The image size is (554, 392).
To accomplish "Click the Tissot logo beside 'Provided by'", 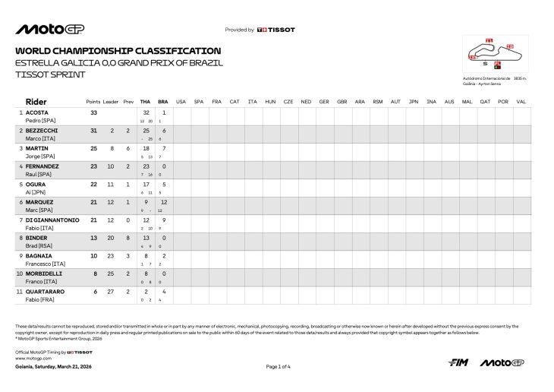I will pyautogui.click(x=276, y=30).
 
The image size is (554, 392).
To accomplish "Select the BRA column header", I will pyautogui.click(x=163, y=101).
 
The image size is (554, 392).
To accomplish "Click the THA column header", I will pyautogui.click(x=145, y=101).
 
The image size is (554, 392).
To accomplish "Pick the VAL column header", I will pyautogui.click(x=521, y=101).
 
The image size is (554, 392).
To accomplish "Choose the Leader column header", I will pyautogui.click(x=111, y=101).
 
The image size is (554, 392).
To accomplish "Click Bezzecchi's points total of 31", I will pyautogui.click(x=94, y=131).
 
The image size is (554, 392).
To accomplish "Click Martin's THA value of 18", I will pyautogui.click(x=145, y=148).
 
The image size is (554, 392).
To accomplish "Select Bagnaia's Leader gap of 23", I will pyautogui.click(x=112, y=254).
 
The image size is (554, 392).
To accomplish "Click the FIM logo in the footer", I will pyautogui.click(x=457, y=362).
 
